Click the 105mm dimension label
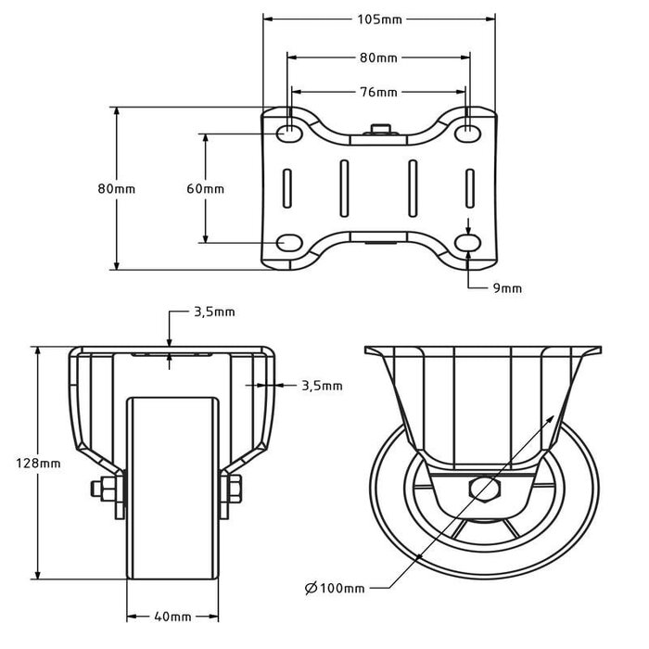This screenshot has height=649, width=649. tap(378, 19)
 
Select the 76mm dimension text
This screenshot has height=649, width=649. tap(378, 92)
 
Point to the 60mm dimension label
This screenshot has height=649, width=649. tap(205, 188)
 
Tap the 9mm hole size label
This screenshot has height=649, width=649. tap(507, 287)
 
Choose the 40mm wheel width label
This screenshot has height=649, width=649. tap(173, 616)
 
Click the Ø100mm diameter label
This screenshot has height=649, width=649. tap(334, 587)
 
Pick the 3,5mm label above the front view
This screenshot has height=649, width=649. tap(213, 312)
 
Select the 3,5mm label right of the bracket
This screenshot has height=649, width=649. tap(322, 385)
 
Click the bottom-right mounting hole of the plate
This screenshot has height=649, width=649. tap(469, 243)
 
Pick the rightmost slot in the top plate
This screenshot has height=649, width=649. tap(469, 188)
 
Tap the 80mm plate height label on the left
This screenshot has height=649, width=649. tap(116, 188)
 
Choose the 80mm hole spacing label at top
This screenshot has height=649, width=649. tap(378, 57)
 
